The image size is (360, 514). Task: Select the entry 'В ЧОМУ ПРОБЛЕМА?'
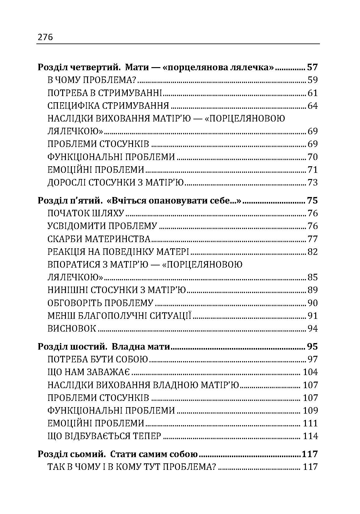pyautogui.click(x=92, y=80)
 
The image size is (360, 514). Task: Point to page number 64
pyautogui.click(x=312, y=106)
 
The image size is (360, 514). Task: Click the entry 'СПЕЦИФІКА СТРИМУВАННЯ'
pyautogui.click(x=108, y=106)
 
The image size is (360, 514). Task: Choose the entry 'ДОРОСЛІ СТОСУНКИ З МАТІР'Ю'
pyautogui.click(x=116, y=182)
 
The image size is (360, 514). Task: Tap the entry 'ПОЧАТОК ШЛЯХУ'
pyautogui.click(x=86, y=213)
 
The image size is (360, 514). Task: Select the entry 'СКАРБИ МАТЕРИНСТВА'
pyautogui.click(x=99, y=239)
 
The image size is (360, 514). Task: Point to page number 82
pyautogui.click(x=312, y=252)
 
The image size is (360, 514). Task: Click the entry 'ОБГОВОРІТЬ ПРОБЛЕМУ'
pyautogui.click(x=101, y=303)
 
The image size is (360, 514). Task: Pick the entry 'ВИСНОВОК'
pyautogui.click(x=72, y=328)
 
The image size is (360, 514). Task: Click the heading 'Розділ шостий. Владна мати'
pyautogui.click(x=104, y=346)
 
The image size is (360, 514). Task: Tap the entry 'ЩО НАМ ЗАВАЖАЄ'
pyautogui.click(x=89, y=372)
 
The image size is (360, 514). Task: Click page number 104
pyautogui.click(x=310, y=372)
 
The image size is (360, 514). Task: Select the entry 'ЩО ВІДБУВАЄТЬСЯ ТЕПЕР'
pyautogui.click(x=104, y=436)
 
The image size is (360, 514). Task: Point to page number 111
pyautogui.click(x=310, y=423)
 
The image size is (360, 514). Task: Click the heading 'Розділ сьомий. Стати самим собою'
pyautogui.click(x=118, y=454)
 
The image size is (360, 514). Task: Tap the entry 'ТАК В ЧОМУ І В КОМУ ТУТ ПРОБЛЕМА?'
pyautogui.click(x=132, y=467)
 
